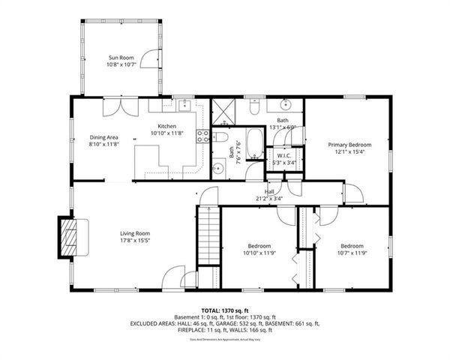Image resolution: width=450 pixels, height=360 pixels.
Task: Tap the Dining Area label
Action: pyautogui.click(x=104, y=136)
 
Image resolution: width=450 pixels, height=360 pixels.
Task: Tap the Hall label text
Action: pyautogui.click(x=269, y=191)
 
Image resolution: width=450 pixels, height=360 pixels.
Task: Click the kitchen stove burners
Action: pyautogui.click(x=202, y=136)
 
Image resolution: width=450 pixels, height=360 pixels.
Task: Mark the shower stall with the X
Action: pyautogui.click(x=223, y=111)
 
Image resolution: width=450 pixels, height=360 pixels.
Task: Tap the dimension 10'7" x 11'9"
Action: pyautogui.click(x=352, y=253)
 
